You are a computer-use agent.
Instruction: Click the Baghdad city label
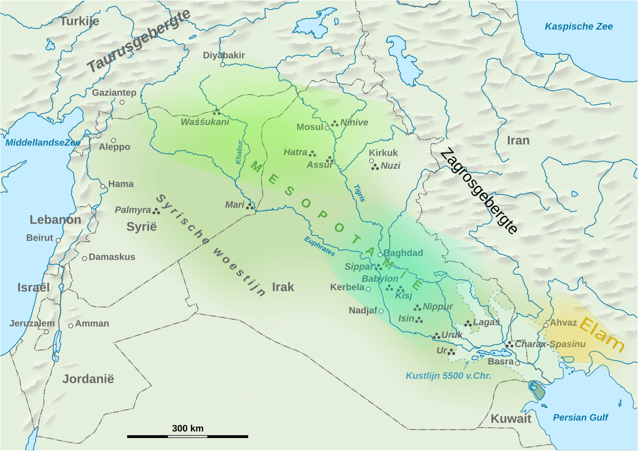[x=403, y=253]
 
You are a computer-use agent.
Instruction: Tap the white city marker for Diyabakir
[x=222, y=64]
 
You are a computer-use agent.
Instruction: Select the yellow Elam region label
[x=602, y=334]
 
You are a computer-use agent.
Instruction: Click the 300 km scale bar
[x=187, y=436]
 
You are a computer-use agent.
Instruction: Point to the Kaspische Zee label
[x=578, y=26]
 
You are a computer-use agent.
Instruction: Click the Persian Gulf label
[x=580, y=418]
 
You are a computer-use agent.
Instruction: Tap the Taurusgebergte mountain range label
[x=139, y=42]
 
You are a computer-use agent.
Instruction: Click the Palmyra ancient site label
[x=133, y=210]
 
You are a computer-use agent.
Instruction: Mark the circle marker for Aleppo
[x=114, y=141]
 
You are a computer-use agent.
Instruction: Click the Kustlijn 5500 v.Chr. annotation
[x=448, y=376]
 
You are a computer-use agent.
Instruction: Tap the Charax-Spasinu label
[x=550, y=344]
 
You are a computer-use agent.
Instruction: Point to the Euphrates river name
[x=319, y=246]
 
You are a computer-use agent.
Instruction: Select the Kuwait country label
[x=511, y=419]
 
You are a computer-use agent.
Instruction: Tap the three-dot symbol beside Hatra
[x=313, y=153]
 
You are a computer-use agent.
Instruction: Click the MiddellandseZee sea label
[x=42, y=143]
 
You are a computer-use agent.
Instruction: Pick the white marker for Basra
[x=517, y=363]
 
